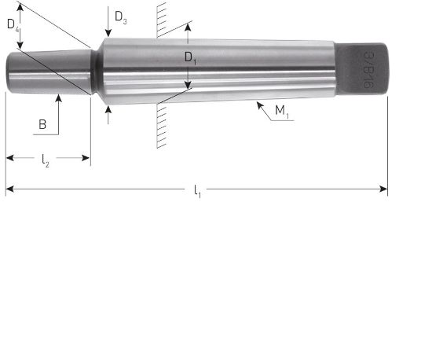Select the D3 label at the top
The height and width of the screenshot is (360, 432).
click(x=119, y=16)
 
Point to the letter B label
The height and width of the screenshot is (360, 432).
click(x=42, y=123)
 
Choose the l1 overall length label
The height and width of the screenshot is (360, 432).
click(x=197, y=191)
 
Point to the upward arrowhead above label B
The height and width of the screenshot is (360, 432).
click(x=58, y=98)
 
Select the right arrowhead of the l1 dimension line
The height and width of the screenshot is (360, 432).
click(x=385, y=189)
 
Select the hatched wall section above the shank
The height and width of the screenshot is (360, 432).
click(x=161, y=20)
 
